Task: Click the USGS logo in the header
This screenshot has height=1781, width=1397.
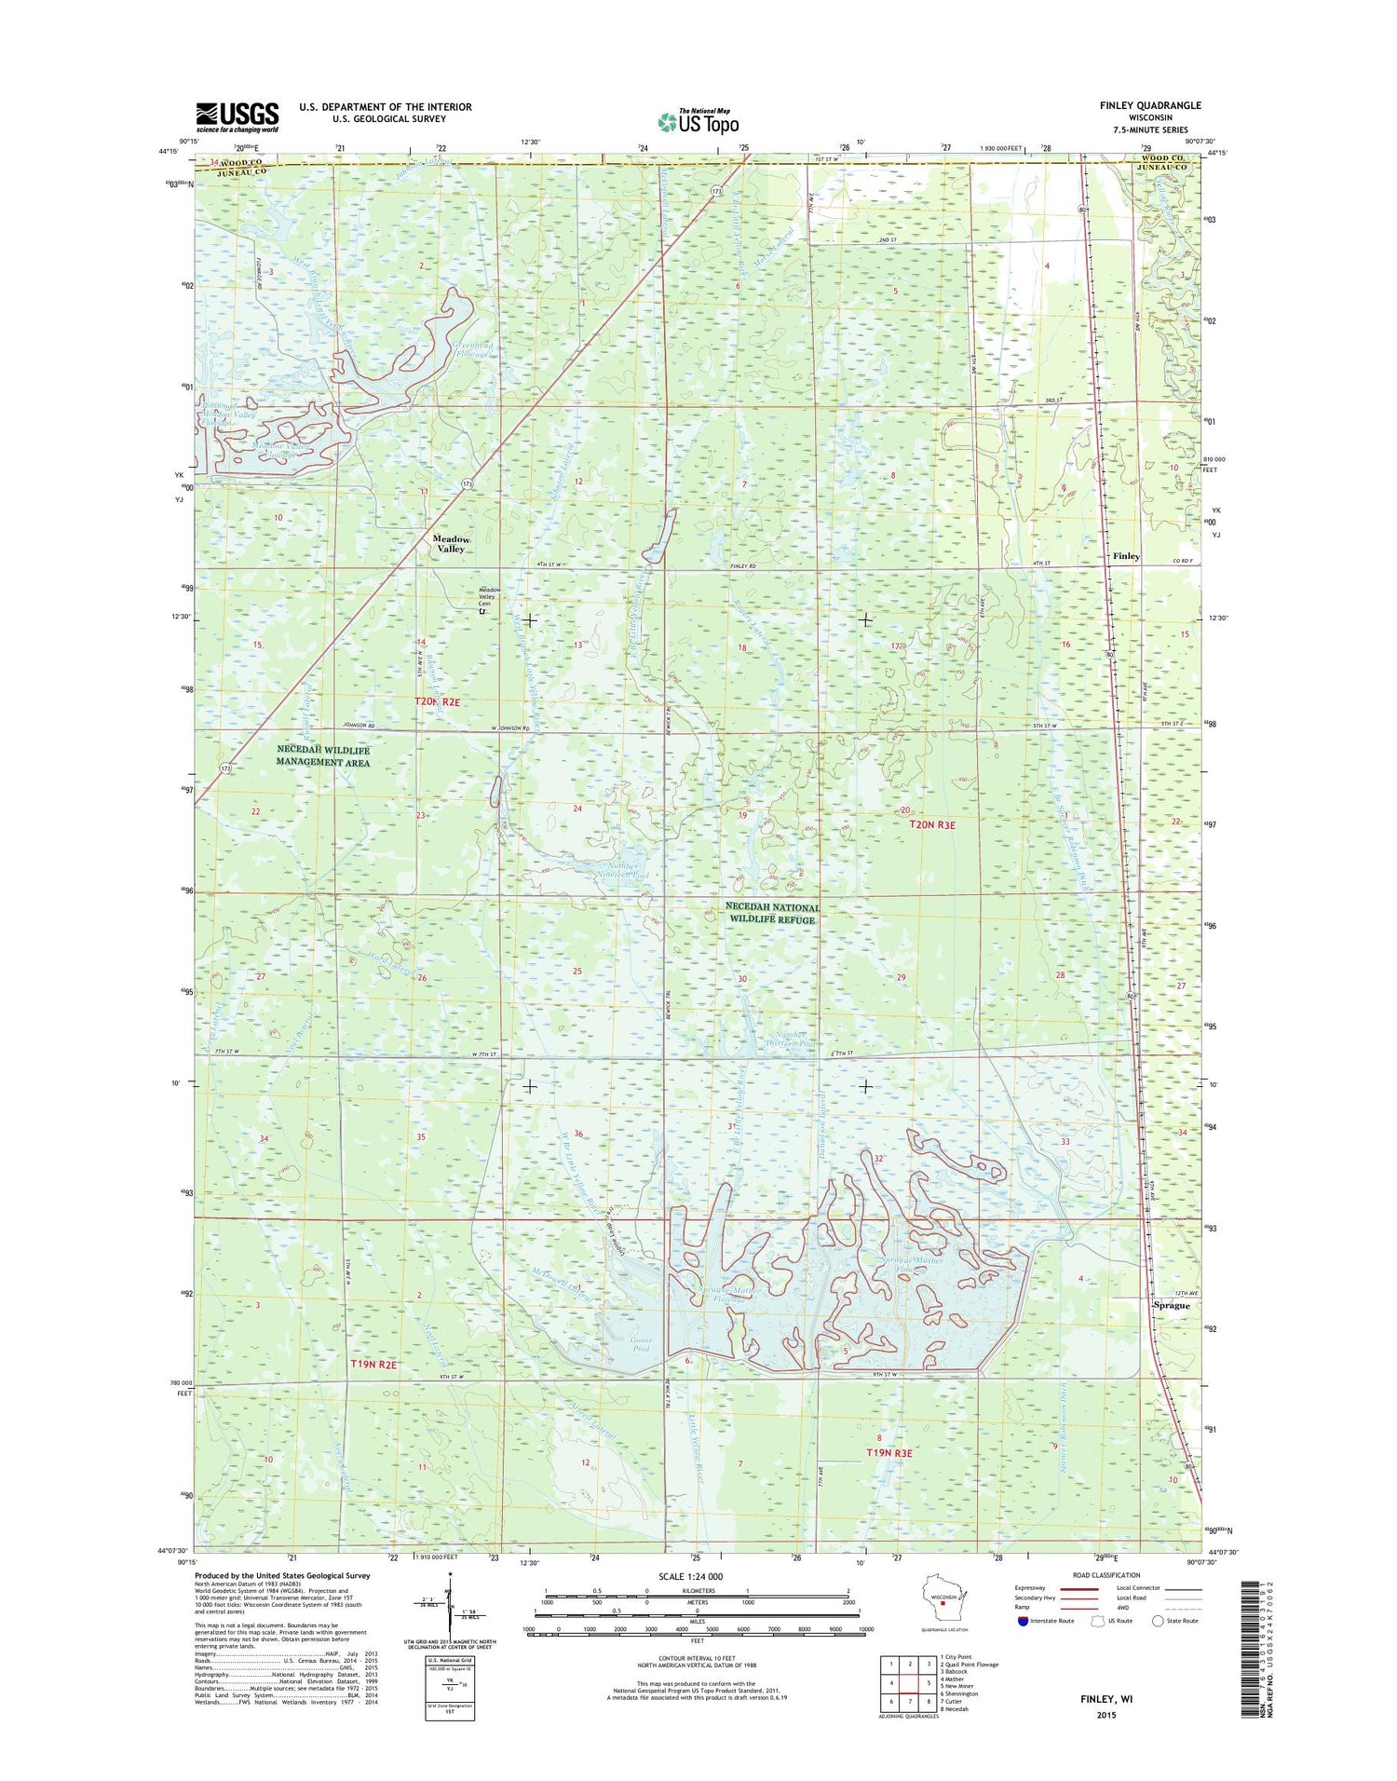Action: (x=237, y=116)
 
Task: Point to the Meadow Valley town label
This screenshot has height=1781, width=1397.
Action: (x=451, y=544)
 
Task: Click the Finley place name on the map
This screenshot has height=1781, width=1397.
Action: (x=1126, y=556)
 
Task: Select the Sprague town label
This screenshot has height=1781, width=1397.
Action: (x=1171, y=1305)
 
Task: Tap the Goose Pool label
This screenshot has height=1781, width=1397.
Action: (x=641, y=1344)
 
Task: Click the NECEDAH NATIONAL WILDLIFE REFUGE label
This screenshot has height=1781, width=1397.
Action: (x=772, y=913)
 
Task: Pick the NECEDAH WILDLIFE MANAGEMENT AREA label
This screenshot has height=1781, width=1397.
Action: (x=323, y=755)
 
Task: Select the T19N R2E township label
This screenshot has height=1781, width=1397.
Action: (x=373, y=1364)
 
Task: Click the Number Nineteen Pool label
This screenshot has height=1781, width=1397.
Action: (x=622, y=870)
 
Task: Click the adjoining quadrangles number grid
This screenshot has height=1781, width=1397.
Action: (x=909, y=1685)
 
